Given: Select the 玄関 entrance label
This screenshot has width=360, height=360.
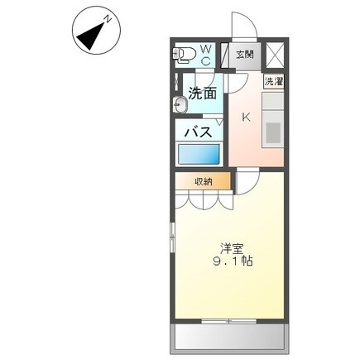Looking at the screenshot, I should coord(244,55).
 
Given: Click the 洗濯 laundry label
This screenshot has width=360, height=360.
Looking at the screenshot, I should coord(274,82).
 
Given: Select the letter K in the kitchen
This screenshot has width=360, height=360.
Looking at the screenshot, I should coord(246,117).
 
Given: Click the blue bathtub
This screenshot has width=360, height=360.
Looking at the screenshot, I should coord(199,154).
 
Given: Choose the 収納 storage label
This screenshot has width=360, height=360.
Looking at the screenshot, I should coord(204,180).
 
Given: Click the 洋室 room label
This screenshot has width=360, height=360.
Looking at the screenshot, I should coord(232,247).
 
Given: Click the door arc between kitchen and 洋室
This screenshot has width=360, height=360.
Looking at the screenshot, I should coord(248,182).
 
